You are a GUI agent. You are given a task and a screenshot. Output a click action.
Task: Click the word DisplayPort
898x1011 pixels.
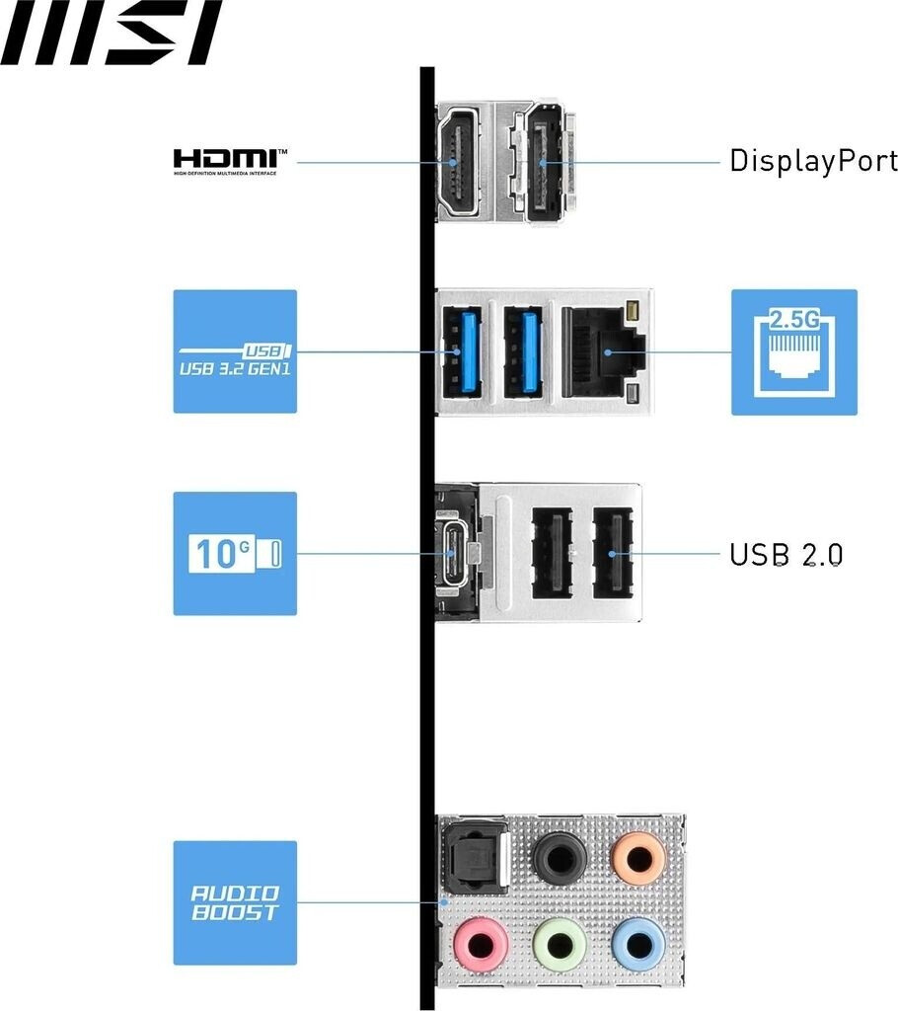[x=813, y=161]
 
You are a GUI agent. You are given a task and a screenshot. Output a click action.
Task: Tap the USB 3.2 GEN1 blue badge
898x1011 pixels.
[x=235, y=350]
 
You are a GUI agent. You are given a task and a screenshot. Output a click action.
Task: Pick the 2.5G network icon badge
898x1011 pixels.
[x=793, y=351]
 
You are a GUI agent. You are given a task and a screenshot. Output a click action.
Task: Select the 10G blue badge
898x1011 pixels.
[x=235, y=553]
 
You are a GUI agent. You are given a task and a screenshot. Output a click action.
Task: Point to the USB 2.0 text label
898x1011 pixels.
[x=786, y=554]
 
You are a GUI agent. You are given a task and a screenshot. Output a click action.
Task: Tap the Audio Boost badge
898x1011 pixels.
[x=235, y=902]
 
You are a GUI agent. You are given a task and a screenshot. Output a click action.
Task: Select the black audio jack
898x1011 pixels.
[x=560, y=855]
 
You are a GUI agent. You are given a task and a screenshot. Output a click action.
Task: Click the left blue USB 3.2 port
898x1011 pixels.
[x=461, y=352]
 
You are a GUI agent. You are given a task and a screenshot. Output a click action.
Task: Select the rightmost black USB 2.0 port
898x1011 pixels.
[x=612, y=553]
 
